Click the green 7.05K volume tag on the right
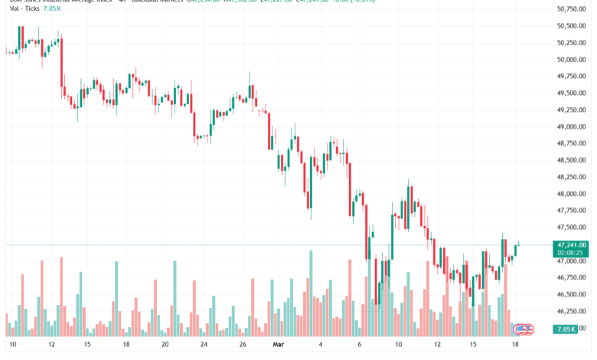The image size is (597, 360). (x=567, y=329)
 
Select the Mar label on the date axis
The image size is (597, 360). (x=279, y=345)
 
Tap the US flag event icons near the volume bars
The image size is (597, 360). (x=524, y=329)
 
